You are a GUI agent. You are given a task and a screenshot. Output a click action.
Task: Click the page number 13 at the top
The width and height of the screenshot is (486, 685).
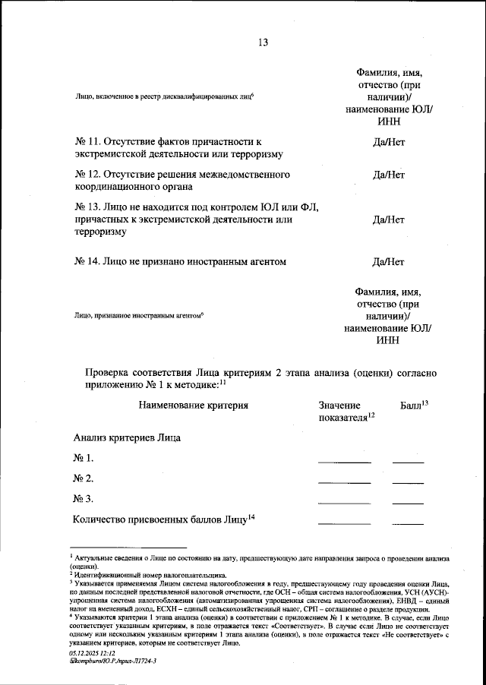click(x=264, y=43)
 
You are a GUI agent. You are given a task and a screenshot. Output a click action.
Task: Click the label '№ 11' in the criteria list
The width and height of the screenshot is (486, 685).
click(x=87, y=142)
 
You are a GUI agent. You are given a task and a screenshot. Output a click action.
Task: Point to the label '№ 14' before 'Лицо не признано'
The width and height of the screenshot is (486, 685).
click(x=87, y=263)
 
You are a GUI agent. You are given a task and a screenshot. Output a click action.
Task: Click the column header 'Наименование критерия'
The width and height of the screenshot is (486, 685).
click(x=194, y=406)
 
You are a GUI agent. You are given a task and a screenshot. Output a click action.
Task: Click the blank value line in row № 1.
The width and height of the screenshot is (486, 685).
click(x=344, y=461)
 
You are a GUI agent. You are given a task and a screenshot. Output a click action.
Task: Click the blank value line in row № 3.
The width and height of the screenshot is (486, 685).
click(x=344, y=502)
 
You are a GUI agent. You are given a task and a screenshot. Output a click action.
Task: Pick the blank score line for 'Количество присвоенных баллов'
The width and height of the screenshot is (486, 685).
click(x=408, y=522)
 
